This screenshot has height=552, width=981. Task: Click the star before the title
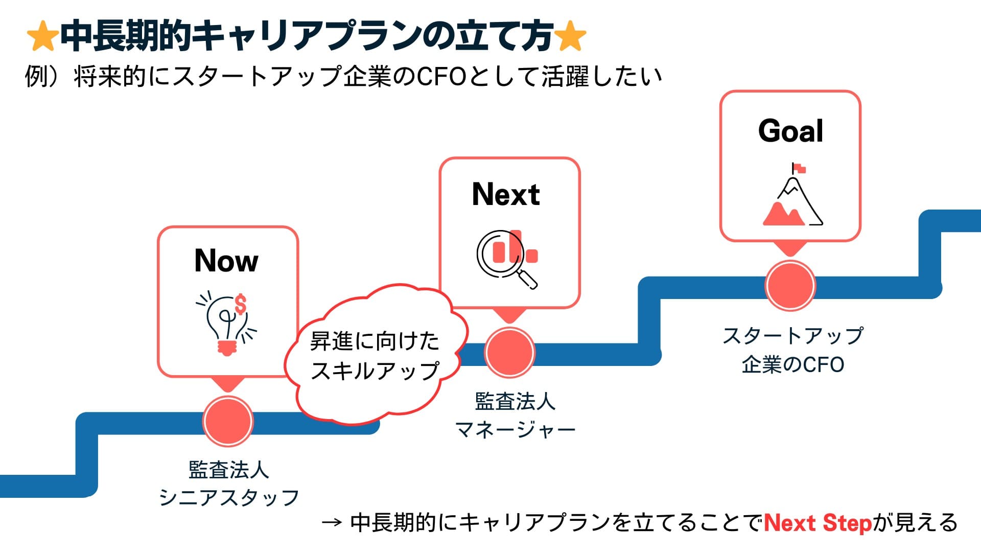[x=42, y=37]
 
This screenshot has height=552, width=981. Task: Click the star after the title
[x=570, y=37]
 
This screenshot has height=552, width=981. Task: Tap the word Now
[x=226, y=261]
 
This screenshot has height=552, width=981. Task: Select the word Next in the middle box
[x=506, y=195]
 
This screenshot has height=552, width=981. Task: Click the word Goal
[x=790, y=131]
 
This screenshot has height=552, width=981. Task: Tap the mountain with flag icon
[x=792, y=197]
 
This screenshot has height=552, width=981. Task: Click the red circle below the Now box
[x=228, y=420]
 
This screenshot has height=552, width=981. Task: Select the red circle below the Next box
[x=509, y=352]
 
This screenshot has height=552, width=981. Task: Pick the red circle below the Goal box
[x=790, y=286]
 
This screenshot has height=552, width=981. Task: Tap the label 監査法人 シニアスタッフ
[x=228, y=484]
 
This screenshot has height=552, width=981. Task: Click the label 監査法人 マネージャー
[x=515, y=416]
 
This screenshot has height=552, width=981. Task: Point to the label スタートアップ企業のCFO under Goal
[x=792, y=350]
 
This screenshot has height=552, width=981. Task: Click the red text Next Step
[x=817, y=523]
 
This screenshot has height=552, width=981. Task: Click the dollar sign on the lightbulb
[x=240, y=305]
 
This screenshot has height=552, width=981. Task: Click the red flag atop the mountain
[x=799, y=168]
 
